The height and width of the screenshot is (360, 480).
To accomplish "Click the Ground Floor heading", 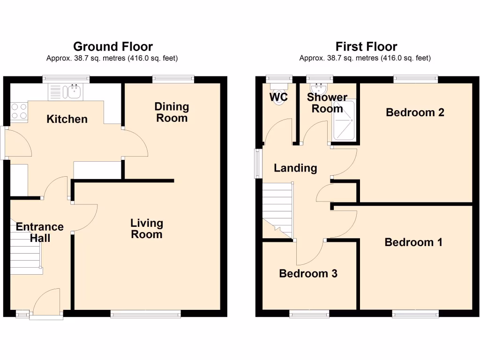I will point(112,46).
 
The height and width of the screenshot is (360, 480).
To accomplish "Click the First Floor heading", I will point(366,46).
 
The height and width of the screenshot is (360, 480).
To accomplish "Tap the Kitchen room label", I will point(67,119).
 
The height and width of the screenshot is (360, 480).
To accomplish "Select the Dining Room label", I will point(172,112).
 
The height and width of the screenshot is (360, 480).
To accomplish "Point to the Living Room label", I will point(147,229).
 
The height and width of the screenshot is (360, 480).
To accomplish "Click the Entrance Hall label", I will point(40,232).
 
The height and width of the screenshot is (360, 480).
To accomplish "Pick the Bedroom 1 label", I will point(413,242).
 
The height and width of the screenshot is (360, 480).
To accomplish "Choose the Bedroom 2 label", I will point(415,112).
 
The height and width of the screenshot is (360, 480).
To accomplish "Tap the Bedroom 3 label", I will point(308,273).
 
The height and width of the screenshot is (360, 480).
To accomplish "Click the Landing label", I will point(295,168).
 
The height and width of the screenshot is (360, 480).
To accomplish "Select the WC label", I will point(278,97).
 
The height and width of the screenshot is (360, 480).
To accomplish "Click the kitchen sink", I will point(74,92).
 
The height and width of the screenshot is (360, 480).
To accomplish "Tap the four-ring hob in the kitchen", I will point(19,111).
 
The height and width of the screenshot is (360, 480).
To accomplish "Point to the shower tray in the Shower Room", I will point(344,121).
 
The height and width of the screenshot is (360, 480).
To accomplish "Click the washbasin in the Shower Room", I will point(321,89).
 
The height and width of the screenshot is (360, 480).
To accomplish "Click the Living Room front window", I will point(145,315).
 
